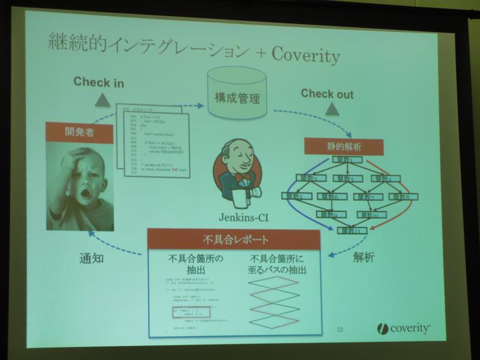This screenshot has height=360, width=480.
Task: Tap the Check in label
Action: (x=99, y=82)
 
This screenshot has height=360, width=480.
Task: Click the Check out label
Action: (x=327, y=94)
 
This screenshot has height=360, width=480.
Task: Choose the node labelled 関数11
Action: (x=352, y=230)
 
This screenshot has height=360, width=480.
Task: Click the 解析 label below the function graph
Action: (x=364, y=258)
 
